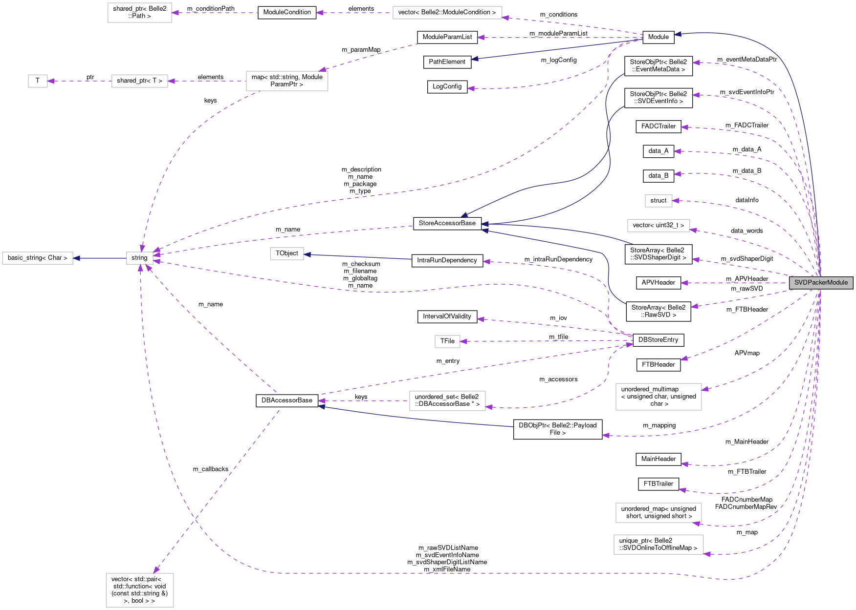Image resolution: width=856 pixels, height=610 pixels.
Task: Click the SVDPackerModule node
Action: coord(821,283)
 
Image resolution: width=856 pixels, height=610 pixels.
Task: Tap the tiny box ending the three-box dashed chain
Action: coord(38,81)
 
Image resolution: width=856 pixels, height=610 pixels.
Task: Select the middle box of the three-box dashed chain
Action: coord(140,81)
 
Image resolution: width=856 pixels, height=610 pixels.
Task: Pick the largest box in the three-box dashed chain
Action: coord(287,81)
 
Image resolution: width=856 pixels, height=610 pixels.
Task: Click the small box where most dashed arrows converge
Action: coord(140,258)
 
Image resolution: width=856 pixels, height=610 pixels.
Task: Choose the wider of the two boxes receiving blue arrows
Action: coord(38,258)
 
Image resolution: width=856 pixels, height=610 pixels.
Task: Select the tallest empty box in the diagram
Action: coord(140,590)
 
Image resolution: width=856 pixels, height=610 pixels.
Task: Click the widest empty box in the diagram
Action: coord(447,13)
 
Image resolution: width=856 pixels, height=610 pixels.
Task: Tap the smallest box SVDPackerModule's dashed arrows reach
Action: coord(658,201)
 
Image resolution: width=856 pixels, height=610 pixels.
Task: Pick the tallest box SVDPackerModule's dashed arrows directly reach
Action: coord(658,397)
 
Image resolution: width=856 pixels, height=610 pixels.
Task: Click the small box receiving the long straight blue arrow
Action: coord(287,254)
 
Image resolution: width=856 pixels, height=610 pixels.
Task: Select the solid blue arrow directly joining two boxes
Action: coord(100,258)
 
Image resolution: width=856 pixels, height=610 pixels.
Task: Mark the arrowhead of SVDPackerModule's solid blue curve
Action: coord(678,34)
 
